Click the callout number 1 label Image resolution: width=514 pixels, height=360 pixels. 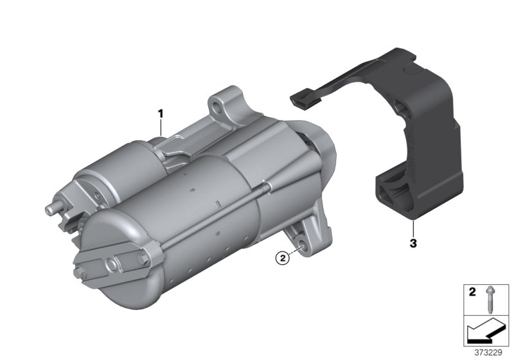[x=160, y=114]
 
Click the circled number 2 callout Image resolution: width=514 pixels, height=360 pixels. [x=283, y=258]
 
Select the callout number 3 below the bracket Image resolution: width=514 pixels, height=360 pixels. [x=413, y=243]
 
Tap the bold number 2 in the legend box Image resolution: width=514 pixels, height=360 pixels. [x=472, y=292]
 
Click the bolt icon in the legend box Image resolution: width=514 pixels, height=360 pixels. [x=490, y=300]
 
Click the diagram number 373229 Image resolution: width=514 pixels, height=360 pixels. [x=488, y=353]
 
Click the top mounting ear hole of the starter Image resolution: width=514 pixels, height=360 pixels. [x=217, y=106]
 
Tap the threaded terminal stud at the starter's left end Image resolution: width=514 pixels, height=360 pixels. [x=53, y=209]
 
